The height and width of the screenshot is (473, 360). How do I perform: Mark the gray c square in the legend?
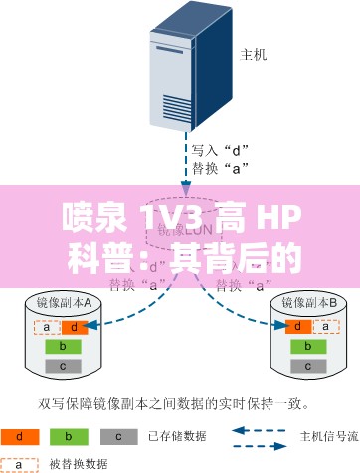(x=118, y=435)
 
